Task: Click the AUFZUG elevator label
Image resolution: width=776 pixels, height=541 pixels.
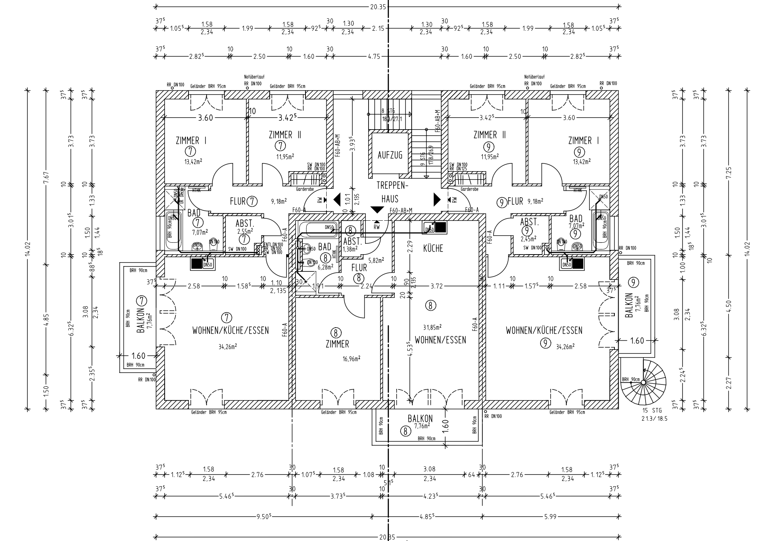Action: coord(390,155)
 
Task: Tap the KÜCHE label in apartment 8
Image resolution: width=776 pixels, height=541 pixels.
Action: coord(433,248)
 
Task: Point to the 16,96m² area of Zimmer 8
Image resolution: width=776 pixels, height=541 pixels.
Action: coord(351,359)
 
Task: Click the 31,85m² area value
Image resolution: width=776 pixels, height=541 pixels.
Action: coord(432,327)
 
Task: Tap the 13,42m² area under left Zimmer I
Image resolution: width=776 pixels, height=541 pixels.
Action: coord(193,161)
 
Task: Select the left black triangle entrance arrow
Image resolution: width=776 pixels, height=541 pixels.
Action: coord(337,199)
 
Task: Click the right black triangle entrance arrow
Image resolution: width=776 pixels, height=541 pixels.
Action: coord(437,199)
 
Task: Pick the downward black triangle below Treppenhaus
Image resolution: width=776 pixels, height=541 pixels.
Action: coord(377,210)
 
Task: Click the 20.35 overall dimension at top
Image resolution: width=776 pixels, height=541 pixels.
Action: coord(377,7)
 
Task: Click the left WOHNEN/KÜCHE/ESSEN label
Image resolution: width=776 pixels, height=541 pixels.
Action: coord(230,330)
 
